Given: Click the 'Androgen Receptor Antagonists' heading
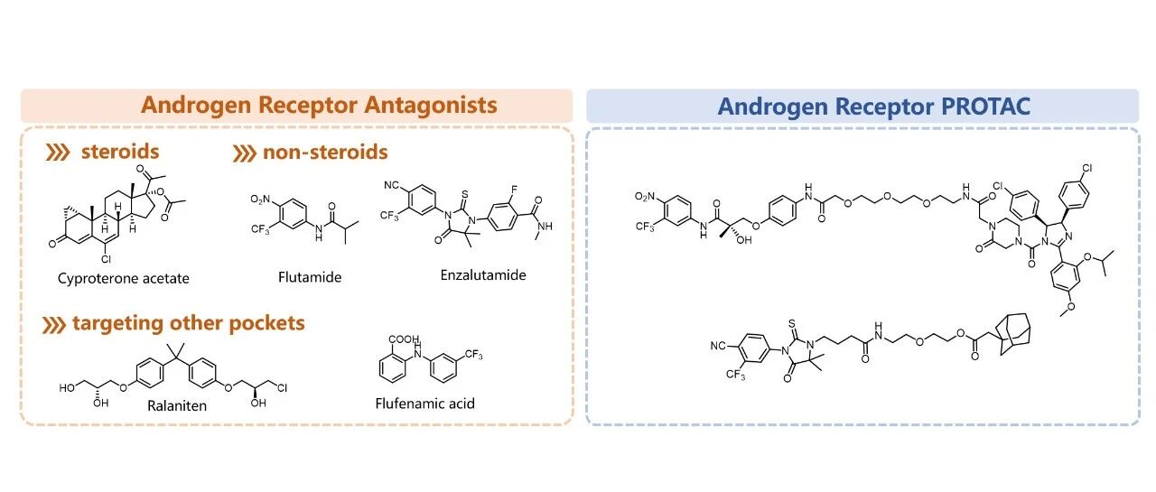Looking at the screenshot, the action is click(x=319, y=106).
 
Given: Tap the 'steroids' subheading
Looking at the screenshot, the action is click(x=120, y=152).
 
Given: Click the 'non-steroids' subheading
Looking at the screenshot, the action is click(x=324, y=152).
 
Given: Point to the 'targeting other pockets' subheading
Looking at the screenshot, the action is click(x=190, y=323).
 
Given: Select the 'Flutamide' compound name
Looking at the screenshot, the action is click(x=310, y=277).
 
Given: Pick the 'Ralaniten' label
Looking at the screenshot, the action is click(x=177, y=405).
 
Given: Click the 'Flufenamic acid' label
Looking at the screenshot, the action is click(x=424, y=403).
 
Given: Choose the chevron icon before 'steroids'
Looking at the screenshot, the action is click(x=58, y=153).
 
